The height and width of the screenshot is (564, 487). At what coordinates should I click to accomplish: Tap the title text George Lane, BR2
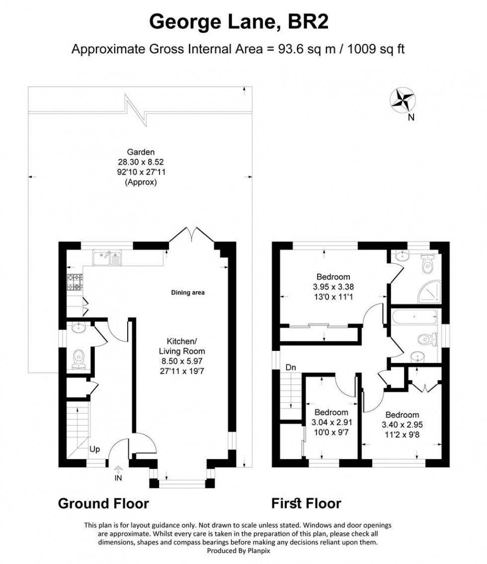pyautogui.click(x=240, y=22)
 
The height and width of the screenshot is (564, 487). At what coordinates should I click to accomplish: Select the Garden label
pyautogui.click(x=141, y=152)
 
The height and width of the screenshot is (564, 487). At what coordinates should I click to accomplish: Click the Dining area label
pyautogui.click(x=188, y=293)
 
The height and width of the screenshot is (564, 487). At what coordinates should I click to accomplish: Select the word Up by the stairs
pyautogui.click(x=95, y=450)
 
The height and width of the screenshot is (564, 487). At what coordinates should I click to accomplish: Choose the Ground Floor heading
pyautogui.click(x=103, y=503)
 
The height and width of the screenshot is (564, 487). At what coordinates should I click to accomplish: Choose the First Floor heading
pyautogui.click(x=306, y=503)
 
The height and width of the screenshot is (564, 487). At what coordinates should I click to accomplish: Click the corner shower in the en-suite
pyautogui.click(x=426, y=292)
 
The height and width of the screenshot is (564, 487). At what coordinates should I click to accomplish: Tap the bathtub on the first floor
pyautogui.click(x=414, y=316)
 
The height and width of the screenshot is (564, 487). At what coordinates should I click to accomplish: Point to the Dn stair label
pyautogui.click(x=291, y=368)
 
